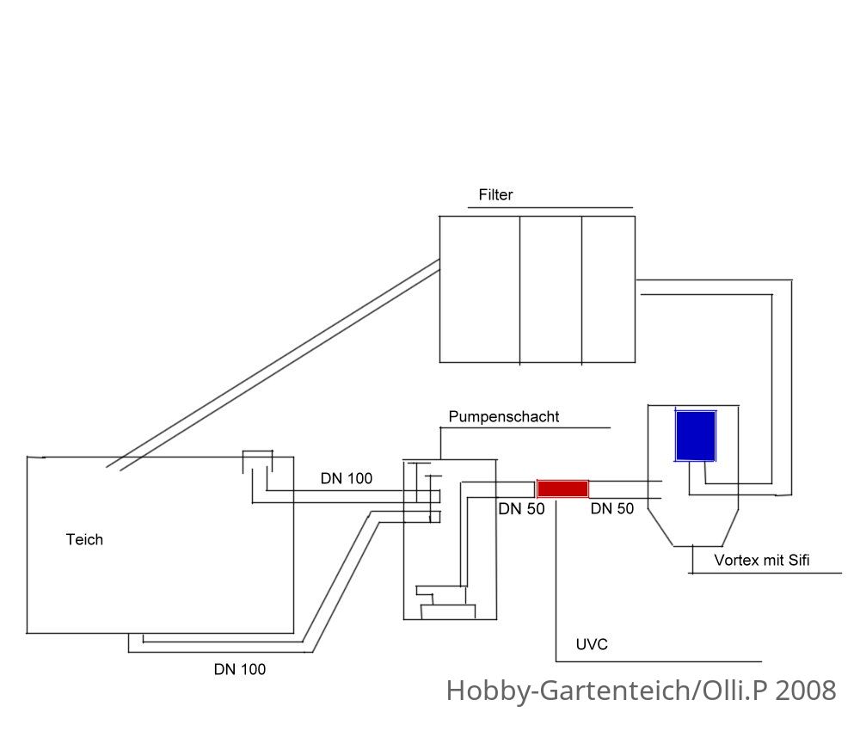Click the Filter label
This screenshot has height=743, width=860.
click(x=495, y=194)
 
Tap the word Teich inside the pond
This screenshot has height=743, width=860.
click(x=84, y=539)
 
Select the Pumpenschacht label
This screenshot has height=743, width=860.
click(x=503, y=417)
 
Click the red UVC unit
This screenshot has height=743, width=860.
click(x=562, y=488)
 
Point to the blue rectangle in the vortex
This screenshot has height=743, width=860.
click(x=696, y=436)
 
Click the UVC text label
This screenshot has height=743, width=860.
click(x=592, y=644)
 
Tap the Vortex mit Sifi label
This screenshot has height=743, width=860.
click(x=761, y=561)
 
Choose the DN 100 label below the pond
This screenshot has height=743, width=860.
click(x=240, y=670)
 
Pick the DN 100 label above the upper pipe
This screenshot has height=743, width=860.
click(x=346, y=479)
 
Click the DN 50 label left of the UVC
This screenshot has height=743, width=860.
click(x=521, y=509)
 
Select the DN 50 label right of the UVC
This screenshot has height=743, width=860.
click(x=612, y=509)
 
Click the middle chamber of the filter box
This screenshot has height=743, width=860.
click(x=550, y=290)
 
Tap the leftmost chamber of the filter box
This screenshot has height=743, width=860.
click(x=480, y=290)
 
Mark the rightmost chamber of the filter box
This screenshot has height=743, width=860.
click(x=608, y=290)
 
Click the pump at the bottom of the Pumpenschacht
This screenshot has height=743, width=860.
click(x=446, y=603)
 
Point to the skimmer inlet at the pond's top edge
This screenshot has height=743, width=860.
click(x=257, y=462)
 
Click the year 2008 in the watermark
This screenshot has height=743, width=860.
click(x=805, y=691)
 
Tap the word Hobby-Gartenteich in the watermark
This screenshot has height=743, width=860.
click(x=568, y=691)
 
